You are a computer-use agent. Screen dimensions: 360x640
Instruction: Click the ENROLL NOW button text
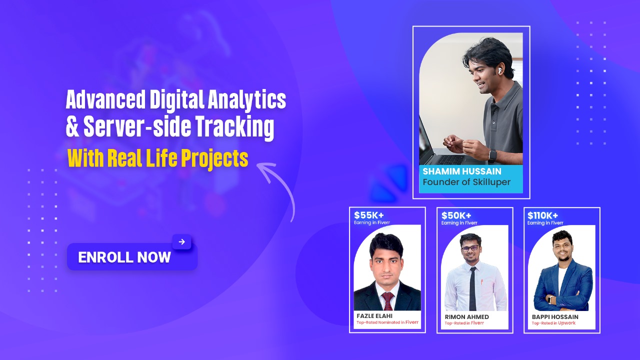pos(124,257)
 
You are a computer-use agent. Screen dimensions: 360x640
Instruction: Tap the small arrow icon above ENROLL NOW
pos(181,242)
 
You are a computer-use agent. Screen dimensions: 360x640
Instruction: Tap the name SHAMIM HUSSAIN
pos(461,171)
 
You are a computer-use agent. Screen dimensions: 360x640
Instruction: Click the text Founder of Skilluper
pos(466,182)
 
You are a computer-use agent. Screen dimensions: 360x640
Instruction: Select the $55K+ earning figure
pos(369,215)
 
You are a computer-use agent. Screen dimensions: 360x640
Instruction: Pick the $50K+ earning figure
pos(457,215)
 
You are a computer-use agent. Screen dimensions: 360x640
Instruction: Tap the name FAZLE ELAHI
pos(375,316)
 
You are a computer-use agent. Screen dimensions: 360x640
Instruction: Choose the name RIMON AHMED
pos(466,316)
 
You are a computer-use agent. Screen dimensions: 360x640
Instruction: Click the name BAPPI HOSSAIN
pos(555,316)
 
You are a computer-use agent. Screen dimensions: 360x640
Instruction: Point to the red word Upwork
pos(567,323)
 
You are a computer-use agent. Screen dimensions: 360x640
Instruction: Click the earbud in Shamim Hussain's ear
pos(499,71)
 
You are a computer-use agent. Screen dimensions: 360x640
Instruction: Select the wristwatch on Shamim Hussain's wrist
pos(492,154)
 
